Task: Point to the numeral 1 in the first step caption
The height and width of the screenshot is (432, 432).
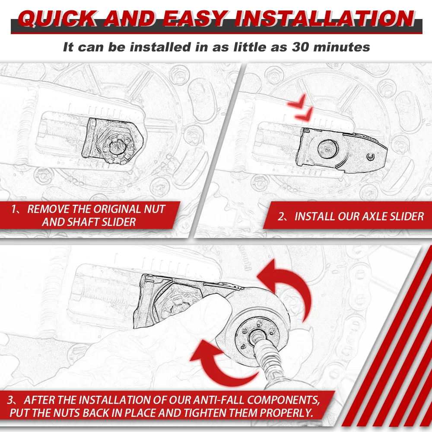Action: point(14,210)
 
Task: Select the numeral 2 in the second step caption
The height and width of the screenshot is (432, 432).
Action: point(280,216)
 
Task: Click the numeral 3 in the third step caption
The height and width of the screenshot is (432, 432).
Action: point(10,400)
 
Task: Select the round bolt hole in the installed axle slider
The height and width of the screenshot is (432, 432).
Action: point(327,149)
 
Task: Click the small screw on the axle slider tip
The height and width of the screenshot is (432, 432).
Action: point(371,157)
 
